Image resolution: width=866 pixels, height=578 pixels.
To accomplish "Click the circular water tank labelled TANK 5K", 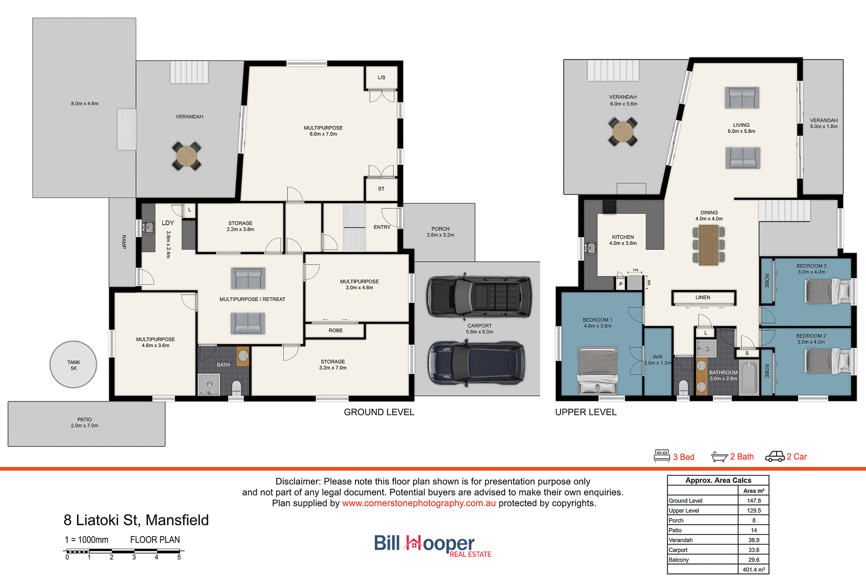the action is [x=74, y=365].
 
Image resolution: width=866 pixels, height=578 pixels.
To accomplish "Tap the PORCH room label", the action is [x=440, y=229].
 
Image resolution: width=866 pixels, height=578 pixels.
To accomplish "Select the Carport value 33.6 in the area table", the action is [x=754, y=550].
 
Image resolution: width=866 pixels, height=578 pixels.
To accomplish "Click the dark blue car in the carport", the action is [x=476, y=363].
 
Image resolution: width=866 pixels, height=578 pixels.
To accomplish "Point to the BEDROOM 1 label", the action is [x=598, y=320].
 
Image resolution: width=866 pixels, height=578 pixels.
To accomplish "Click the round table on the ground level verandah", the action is [x=186, y=156].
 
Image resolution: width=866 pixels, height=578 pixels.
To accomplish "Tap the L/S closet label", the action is [x=382, y=78].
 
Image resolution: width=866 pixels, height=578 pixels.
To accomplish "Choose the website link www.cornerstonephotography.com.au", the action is [x=419, y=503].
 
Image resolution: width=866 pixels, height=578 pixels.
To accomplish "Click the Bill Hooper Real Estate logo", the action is [x=433, y=546].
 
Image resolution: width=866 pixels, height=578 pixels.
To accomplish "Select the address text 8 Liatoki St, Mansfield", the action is [x=136, y=520].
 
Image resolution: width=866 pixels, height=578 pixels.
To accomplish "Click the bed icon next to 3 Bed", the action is [x=662, y=456].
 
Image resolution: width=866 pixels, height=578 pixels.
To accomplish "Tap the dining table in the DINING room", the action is [x=709, y=245].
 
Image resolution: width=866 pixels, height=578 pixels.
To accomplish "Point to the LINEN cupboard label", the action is [x=703, y=297].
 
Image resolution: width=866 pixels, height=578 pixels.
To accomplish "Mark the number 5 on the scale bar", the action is [x=179, y=558].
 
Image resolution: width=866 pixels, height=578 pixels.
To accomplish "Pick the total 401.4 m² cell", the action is [x=754, y=569].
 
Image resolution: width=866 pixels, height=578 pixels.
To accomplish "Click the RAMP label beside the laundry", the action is [x=124, y=242].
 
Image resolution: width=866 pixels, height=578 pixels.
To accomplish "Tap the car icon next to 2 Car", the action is [x=775, y=457].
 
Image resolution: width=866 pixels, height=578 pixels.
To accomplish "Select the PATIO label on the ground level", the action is [x=84, y=420].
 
